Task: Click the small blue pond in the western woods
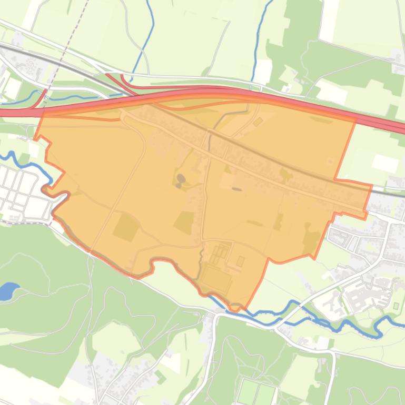click(x=8, y=291)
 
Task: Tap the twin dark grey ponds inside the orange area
click(x=181, y=180)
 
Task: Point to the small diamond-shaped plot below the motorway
click(x=258, y=122)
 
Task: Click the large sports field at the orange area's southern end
click(x=216, y=279)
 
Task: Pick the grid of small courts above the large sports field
click(x=220, y=252)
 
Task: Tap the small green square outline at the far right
click(x=396, y=306)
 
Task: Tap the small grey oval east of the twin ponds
click(x=236, y=188)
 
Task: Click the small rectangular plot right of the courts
click(x=241, y=261)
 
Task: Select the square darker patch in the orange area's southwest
click(x=126, y=227)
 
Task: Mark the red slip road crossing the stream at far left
click(x=41, y=98)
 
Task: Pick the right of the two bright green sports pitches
click(x=265, y=393)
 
